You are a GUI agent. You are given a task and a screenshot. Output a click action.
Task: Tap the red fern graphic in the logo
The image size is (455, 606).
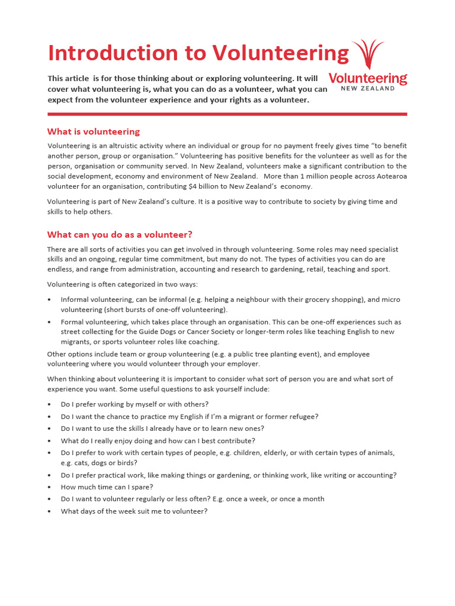[368, 54]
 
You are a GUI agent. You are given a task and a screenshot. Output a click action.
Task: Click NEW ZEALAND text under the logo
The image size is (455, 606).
[368, 89]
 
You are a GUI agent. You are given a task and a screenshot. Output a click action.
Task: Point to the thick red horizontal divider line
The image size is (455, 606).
[227, 114]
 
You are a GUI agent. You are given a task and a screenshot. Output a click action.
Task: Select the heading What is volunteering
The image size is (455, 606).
[94, 131]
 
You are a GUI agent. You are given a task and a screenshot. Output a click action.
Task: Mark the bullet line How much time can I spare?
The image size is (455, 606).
[107, 487]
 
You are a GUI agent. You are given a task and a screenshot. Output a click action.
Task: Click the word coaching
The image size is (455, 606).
[204, 342]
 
